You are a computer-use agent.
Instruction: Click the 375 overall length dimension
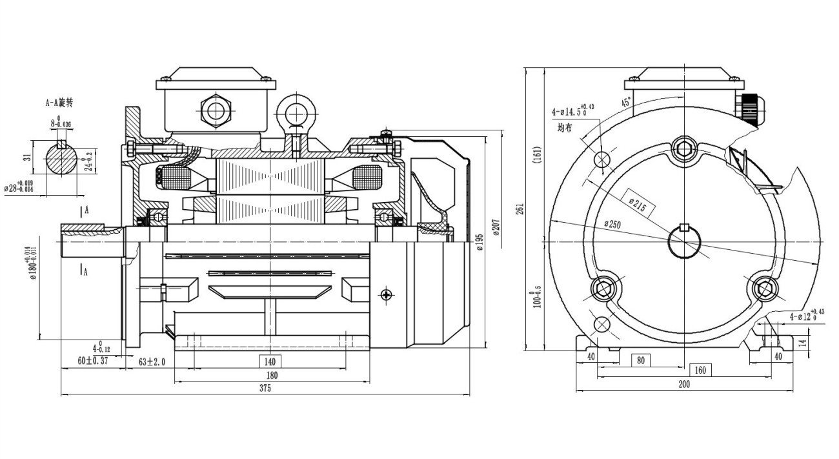pos(265,389)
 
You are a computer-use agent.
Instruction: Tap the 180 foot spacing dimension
pos(272,375)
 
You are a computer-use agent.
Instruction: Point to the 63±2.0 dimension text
pos(152,362)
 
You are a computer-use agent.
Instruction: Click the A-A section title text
pos(59,103)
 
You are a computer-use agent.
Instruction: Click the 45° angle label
pos(626,103)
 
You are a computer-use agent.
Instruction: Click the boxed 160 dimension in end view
pos(702,370)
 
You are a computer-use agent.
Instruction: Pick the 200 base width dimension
pos(684,384)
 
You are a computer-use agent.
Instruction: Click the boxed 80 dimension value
pos(640,360)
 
